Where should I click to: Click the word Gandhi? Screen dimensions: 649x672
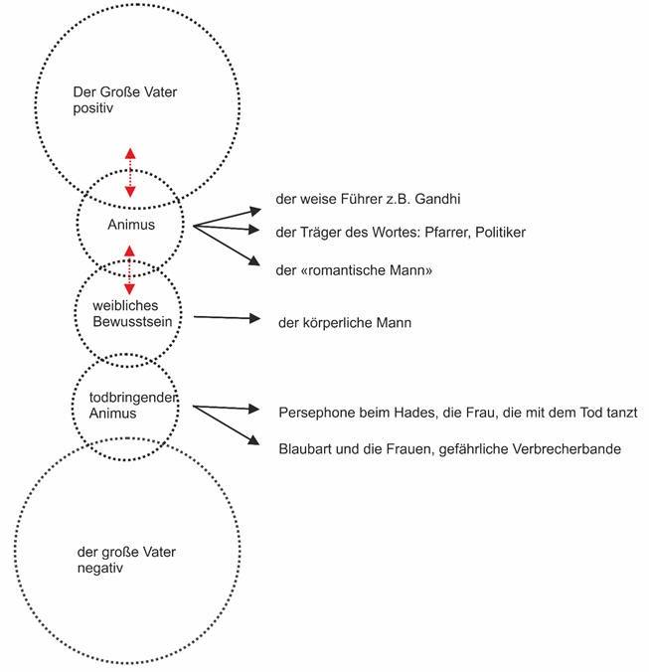tap(437, 199)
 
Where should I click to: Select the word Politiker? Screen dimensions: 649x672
tap(500, 233)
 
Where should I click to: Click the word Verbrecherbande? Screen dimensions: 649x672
tap(572, 448)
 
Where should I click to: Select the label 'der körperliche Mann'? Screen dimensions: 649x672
tap(345, 323)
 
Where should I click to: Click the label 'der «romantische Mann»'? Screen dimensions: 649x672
tap(354, 270)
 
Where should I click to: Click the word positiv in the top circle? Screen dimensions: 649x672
tap(93, 109)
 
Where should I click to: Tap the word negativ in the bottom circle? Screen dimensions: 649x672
tap(100, 569)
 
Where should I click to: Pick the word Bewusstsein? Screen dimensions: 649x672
tap(132, 321)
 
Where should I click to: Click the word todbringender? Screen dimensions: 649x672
tap(133, 398)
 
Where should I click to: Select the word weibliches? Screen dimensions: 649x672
tap(125, 305)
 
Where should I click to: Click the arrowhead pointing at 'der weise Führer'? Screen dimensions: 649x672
tap(255, 211)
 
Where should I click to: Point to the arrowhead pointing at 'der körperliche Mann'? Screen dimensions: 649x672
tap(254, 318)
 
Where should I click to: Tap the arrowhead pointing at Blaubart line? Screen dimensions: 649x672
tap(254, 440)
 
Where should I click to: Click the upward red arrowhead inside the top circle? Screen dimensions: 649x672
tap(130, 153)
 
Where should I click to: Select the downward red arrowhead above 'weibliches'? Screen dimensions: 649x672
tap(130, 289)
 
